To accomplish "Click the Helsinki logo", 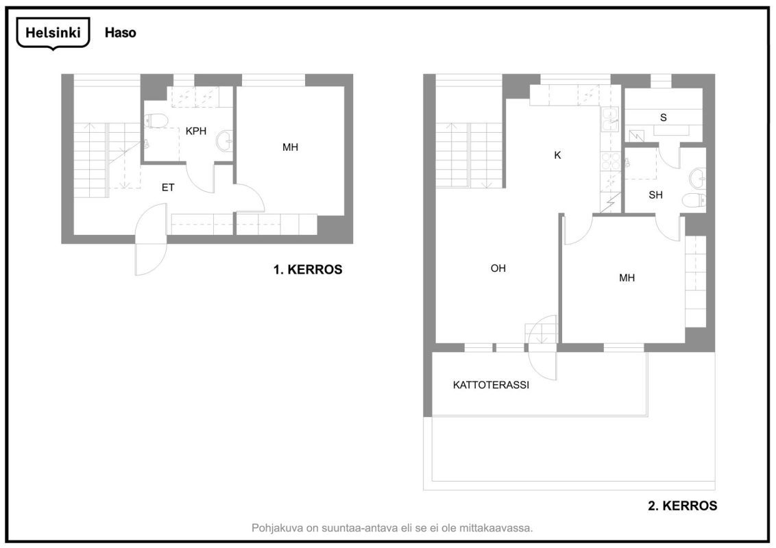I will [53, 33].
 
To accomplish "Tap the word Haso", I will [120, 33].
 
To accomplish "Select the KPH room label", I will [196, 131].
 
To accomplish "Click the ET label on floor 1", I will [168, 187].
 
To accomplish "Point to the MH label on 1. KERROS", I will [290, 147].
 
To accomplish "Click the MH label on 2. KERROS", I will [627, 277].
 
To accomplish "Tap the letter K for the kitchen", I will [557, 155].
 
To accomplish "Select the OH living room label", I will [498, 269].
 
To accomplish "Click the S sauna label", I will [663, 118].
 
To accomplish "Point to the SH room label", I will [655, 195].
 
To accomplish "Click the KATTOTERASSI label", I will [491, 385].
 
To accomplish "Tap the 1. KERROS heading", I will [308, 270].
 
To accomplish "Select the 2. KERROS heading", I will [682, 506].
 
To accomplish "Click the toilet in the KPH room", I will [157, 121].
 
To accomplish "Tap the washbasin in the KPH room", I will [223, 141].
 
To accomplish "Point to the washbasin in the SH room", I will [698, 177].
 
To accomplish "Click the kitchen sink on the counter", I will [609, 121].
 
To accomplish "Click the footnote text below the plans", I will [392, 527].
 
